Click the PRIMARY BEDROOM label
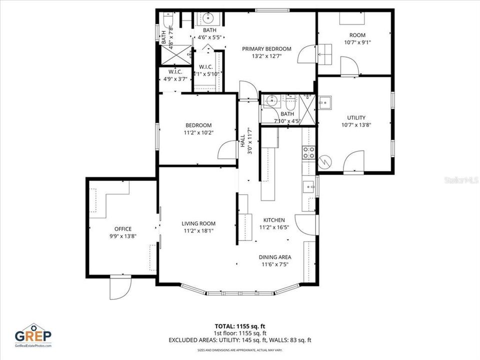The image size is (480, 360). (266, 48)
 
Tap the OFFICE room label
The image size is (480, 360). (123, 229)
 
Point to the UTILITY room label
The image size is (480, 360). (356, 118)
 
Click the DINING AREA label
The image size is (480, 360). (275, 257)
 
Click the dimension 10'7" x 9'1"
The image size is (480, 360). (357, 42)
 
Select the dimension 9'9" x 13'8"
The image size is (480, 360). (123, 236)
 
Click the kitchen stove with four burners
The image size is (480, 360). (308, 152)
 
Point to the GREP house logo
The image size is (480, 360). (33, 335)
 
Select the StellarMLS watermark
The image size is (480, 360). (461, 178)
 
